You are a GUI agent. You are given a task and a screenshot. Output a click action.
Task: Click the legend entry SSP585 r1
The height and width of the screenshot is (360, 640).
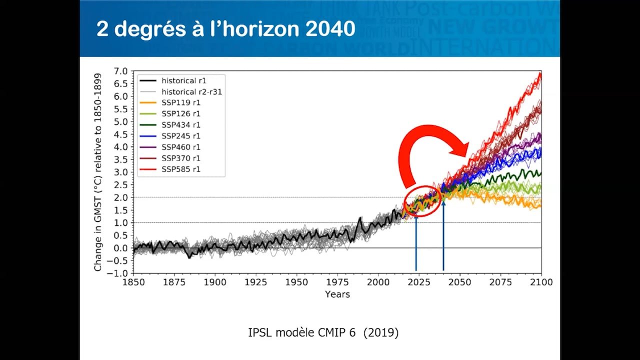click(181, 169)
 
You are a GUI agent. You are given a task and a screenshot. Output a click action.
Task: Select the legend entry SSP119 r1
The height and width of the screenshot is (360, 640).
click(181, 102)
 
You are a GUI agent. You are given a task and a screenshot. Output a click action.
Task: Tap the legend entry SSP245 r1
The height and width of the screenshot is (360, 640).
click(181, 136)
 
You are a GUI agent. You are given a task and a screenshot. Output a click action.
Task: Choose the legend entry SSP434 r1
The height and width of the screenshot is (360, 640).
click(181, 125)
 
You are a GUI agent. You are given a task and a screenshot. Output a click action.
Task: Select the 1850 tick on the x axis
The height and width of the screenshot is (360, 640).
click(133, 282)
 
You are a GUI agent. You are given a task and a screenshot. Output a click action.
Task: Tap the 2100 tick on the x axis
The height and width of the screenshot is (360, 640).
click(541, 282)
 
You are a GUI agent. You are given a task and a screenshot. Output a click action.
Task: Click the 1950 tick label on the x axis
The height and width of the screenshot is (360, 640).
click(296, 282)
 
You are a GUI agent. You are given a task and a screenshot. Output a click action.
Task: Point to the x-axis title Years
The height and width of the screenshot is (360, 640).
click(337, 294)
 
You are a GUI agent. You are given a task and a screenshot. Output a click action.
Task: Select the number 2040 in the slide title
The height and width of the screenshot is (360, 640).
click(328, 29)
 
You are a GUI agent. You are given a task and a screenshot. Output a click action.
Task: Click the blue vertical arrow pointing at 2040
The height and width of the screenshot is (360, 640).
click(443, 235)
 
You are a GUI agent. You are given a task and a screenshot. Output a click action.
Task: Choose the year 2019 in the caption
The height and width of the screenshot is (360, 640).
click(381, 333)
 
